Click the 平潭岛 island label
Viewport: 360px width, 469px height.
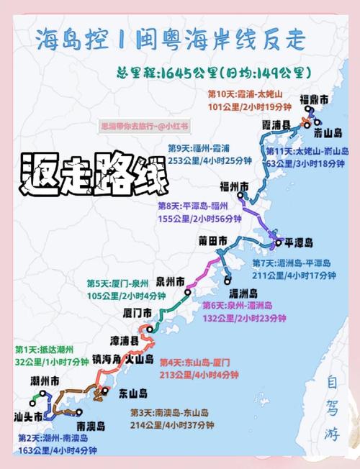(x=298, y=242)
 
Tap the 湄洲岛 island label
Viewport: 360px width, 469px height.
(x=243, y=293)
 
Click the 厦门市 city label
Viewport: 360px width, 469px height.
(x=137, y=313)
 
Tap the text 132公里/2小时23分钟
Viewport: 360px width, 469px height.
(x=235, y=317)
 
